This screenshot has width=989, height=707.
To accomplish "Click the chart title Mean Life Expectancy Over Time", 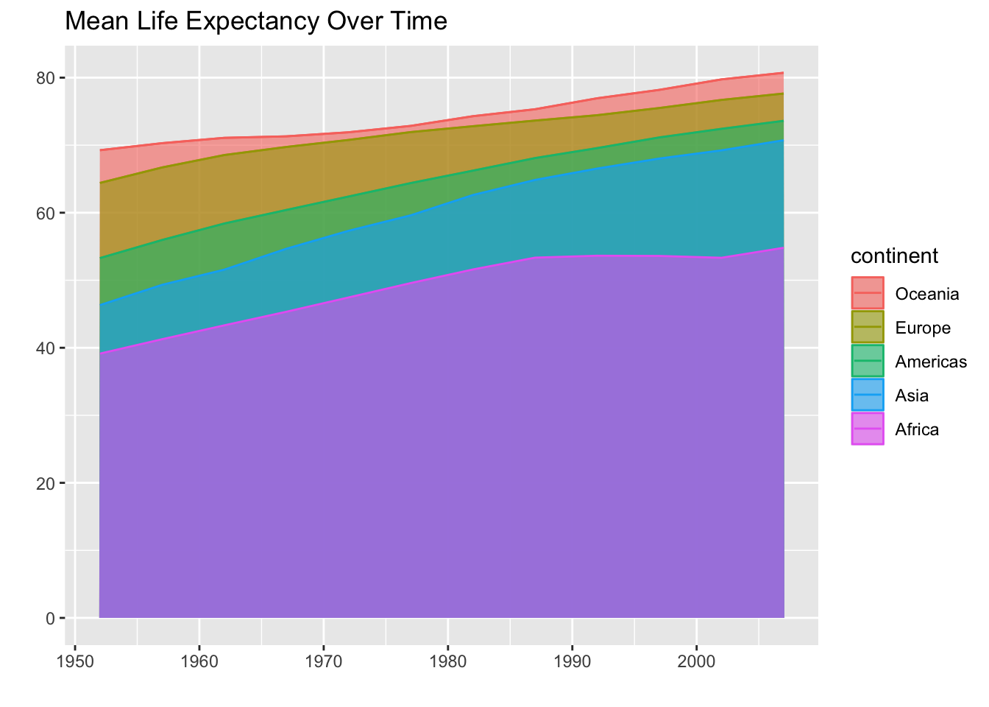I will coord(256,21).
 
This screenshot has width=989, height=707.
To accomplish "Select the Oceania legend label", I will coord(926,294).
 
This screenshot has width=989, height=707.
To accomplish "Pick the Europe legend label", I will coord(923,328).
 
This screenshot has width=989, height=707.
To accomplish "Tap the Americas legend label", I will coord(930,362).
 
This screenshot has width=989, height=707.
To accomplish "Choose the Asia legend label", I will coord(912,395).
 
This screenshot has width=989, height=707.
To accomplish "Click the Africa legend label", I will coord(917,429).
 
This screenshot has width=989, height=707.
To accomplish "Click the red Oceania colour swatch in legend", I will coord(868,294).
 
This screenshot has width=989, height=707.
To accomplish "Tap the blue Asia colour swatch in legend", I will coord(868,395).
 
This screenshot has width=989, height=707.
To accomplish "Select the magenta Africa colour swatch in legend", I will coord(868,429).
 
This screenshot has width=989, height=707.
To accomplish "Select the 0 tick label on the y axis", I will coord(51,618).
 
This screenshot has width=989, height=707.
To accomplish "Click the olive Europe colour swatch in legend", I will coord(868,328).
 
